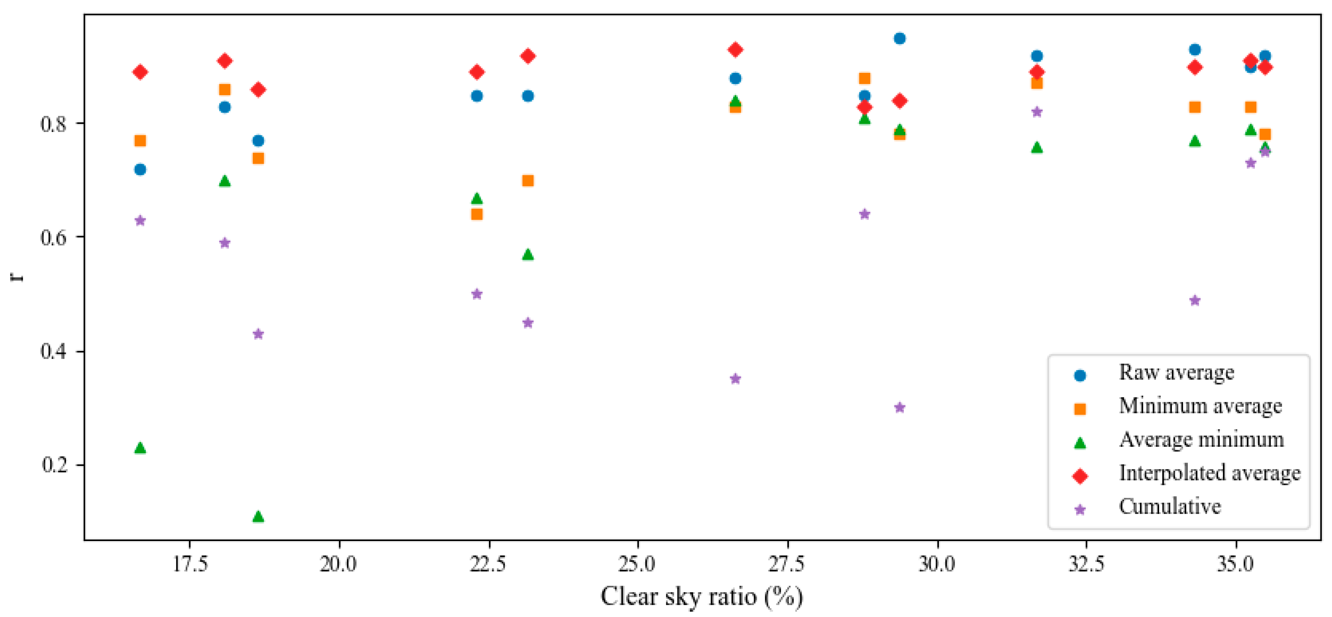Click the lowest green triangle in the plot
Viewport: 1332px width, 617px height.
tap(258, 516)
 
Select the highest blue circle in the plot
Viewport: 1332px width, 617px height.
tap(900, 38)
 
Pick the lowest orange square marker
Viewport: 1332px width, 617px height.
tap(477, 214)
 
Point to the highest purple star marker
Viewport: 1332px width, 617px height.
tap(1037, 112)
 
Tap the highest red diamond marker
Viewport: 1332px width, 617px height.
tap(735, 49)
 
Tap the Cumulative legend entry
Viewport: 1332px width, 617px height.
tap(1170, 507)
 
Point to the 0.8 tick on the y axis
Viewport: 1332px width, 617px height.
tap(54, 124)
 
